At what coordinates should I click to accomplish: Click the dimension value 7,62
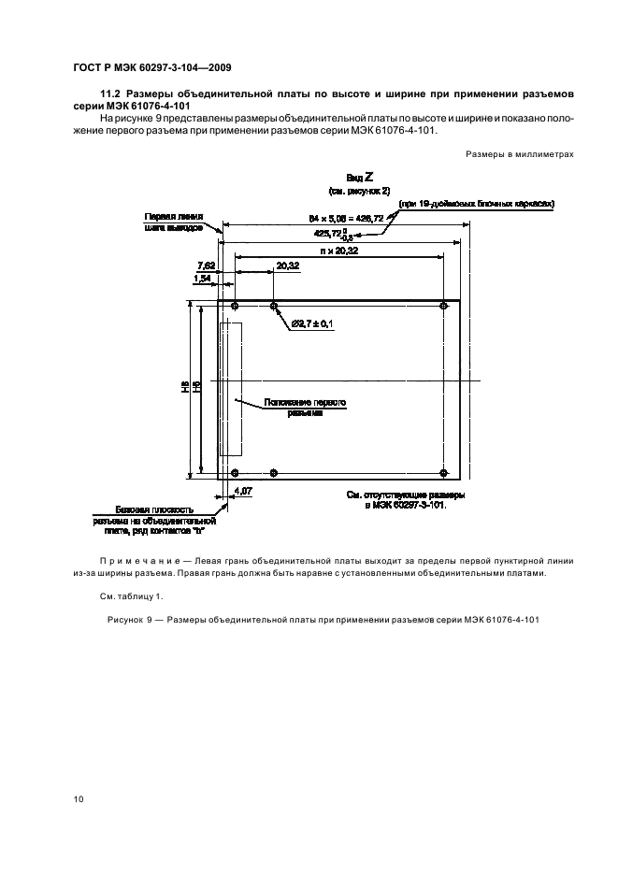coord(206,265)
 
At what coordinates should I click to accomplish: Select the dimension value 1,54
coord(202,279)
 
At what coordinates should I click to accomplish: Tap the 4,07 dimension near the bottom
coord(241,490)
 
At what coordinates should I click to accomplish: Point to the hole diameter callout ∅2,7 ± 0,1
coord(312,323)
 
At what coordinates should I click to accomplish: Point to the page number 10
coord(79,798)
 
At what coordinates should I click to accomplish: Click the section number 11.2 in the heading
coord(111,94)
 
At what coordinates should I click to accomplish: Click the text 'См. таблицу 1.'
coord(131,595)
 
